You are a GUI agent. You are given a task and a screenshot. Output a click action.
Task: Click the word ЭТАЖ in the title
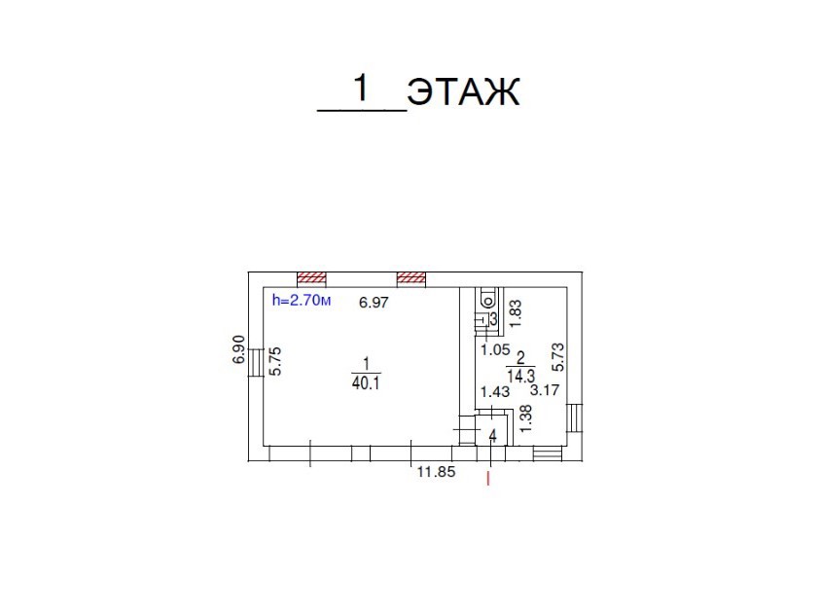coord(464,92)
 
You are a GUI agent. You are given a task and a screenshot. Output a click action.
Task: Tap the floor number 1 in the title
coord(362,89)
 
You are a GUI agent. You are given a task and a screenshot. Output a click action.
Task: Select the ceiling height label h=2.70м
coord(303,302)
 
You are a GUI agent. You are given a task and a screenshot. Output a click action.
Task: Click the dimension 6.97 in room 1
coord(374,303)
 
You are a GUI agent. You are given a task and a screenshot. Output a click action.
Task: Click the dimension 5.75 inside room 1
coord(275,362)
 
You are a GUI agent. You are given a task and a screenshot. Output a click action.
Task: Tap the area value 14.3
coord(520,374)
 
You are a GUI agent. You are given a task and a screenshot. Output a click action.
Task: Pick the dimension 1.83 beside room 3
coord(517,310)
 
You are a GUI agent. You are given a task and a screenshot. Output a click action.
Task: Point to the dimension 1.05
coord(493,348)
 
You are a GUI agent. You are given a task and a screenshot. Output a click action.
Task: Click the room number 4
coord(493,437)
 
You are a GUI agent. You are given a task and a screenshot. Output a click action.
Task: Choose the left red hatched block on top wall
coord(312,277)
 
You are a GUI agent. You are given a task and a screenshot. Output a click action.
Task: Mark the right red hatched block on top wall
coord(411,277)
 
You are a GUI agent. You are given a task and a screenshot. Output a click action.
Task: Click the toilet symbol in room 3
coord(485,298)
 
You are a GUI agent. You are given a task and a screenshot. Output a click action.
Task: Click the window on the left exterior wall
coord(255,363)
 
